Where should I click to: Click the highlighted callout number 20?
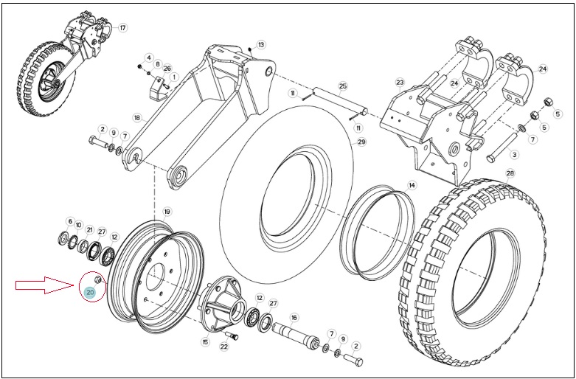90,292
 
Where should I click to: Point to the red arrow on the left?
45,285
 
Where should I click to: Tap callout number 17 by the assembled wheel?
122,27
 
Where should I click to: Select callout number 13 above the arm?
261,45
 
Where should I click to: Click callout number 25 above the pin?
343,87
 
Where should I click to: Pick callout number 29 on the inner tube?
361,142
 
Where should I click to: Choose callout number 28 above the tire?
510,173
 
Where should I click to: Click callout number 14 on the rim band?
412,186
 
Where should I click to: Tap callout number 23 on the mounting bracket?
400,82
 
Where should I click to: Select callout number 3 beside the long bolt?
514,155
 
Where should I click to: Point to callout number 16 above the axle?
294,317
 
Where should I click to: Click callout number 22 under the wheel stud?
224,347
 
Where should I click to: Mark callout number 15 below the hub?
205,342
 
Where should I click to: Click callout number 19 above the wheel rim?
167,212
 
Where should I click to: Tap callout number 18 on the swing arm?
137,118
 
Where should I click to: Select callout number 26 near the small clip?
167,69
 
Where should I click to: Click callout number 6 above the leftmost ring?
69,221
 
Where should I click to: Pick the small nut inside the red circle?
98,279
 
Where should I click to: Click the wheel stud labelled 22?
232,335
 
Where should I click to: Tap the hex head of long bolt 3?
490,159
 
